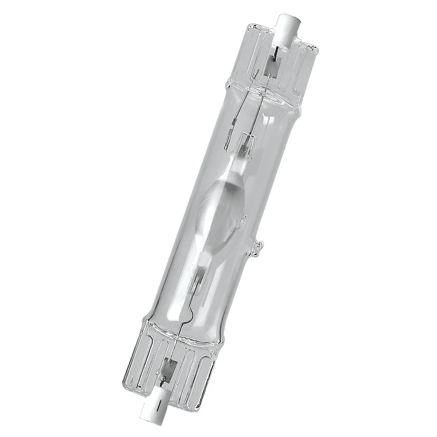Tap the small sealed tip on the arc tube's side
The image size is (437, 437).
243,218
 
